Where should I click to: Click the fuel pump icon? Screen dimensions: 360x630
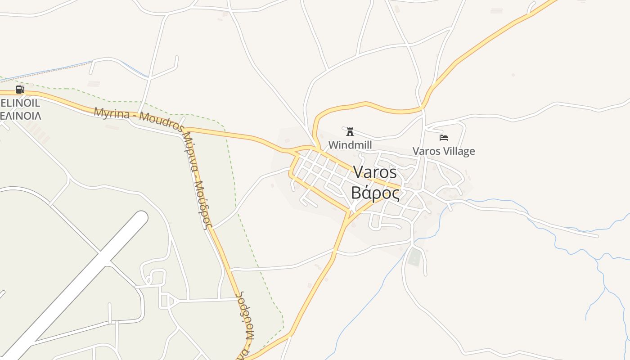pyautogui.click(x=20, y=89)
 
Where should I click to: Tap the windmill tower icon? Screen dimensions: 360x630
pyautogui.click(x=350, y=132)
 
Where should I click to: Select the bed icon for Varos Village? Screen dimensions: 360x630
pyautogui.click(x=444, y=137)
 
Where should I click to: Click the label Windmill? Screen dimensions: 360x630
pyautogui.click(x=350, y=145)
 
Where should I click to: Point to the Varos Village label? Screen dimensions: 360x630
pyautogui.click(x=444, y=151)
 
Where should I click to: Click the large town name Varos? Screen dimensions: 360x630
pyautogui.click(x=375, y=172)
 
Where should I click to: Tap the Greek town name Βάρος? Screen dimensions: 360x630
pyautogui.click(x=375, y=193)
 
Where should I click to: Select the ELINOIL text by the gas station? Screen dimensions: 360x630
pyautogui.click(x=20, y=103)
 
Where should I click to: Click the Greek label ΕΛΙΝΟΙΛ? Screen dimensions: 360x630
pyautogui.click(x=20, y=116)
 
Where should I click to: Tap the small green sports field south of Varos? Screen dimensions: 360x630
pyautogui.click(x=414, y=257)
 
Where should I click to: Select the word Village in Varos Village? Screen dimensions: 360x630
pyautogui.click(x=460, y=151)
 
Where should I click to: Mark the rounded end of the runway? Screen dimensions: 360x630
pyautogui.click(x=141, y=218)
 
